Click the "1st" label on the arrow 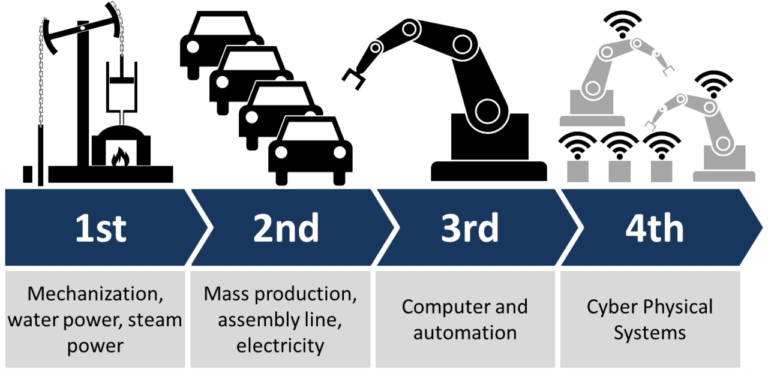[x=101, y=228]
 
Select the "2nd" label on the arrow [x=286, y=228]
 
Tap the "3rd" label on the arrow [x=470, y=228]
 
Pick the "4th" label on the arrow [x=654, y=228]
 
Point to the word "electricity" [x=280, y=345]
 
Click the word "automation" [x=465, y=332]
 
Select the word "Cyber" [x=613, y=307]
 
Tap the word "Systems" [x=649, y=332]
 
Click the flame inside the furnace [x=120, y=157]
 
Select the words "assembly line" [x=280, y=320]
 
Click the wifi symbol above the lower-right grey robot [x=713, y=84]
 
